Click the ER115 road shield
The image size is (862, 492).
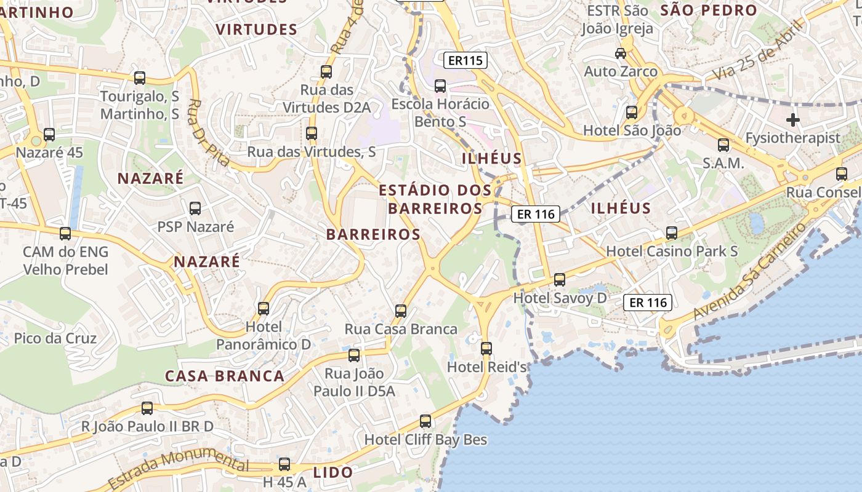click(x=465, y=60)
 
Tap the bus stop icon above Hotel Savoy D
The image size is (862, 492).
click(x=560, y=280)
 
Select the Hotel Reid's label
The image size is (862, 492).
click(x=487, y=367)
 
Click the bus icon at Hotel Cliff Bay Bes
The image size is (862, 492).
click(x=425, y=421)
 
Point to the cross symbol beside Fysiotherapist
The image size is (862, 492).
click(x=793, y=119)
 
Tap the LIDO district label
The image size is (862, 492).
click(x=333, y=472)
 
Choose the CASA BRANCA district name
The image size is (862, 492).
click(x=225, y=376)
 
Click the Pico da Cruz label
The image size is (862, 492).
click(x=55, y=338)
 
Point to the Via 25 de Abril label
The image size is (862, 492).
click(x=759, y=50)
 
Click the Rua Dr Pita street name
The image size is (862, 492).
click(x=209, y=133)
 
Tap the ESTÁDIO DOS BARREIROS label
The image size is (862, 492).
click(x=435, y=199)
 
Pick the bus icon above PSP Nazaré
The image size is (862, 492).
click(x=195, y=208)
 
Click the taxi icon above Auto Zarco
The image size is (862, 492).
click(x=621, y=54)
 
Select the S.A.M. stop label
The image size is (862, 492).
click(x=723, y=164)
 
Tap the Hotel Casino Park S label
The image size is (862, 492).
click(x=672, y=251)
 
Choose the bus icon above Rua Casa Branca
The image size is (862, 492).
click(x=401, y=311)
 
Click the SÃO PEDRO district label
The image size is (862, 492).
click(x=708, y=10)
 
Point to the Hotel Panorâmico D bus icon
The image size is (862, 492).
click(x=264, y=308)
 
